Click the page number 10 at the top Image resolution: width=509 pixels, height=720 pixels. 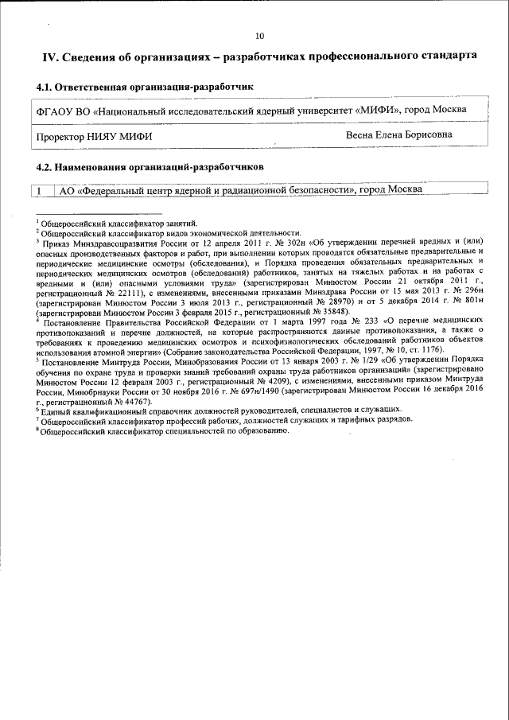coord(259,36)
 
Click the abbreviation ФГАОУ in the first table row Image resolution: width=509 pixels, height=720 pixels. coord(55,110)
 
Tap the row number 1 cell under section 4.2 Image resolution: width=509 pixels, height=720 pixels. coord(39,190)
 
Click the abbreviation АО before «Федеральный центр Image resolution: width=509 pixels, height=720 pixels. coord(68,190)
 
